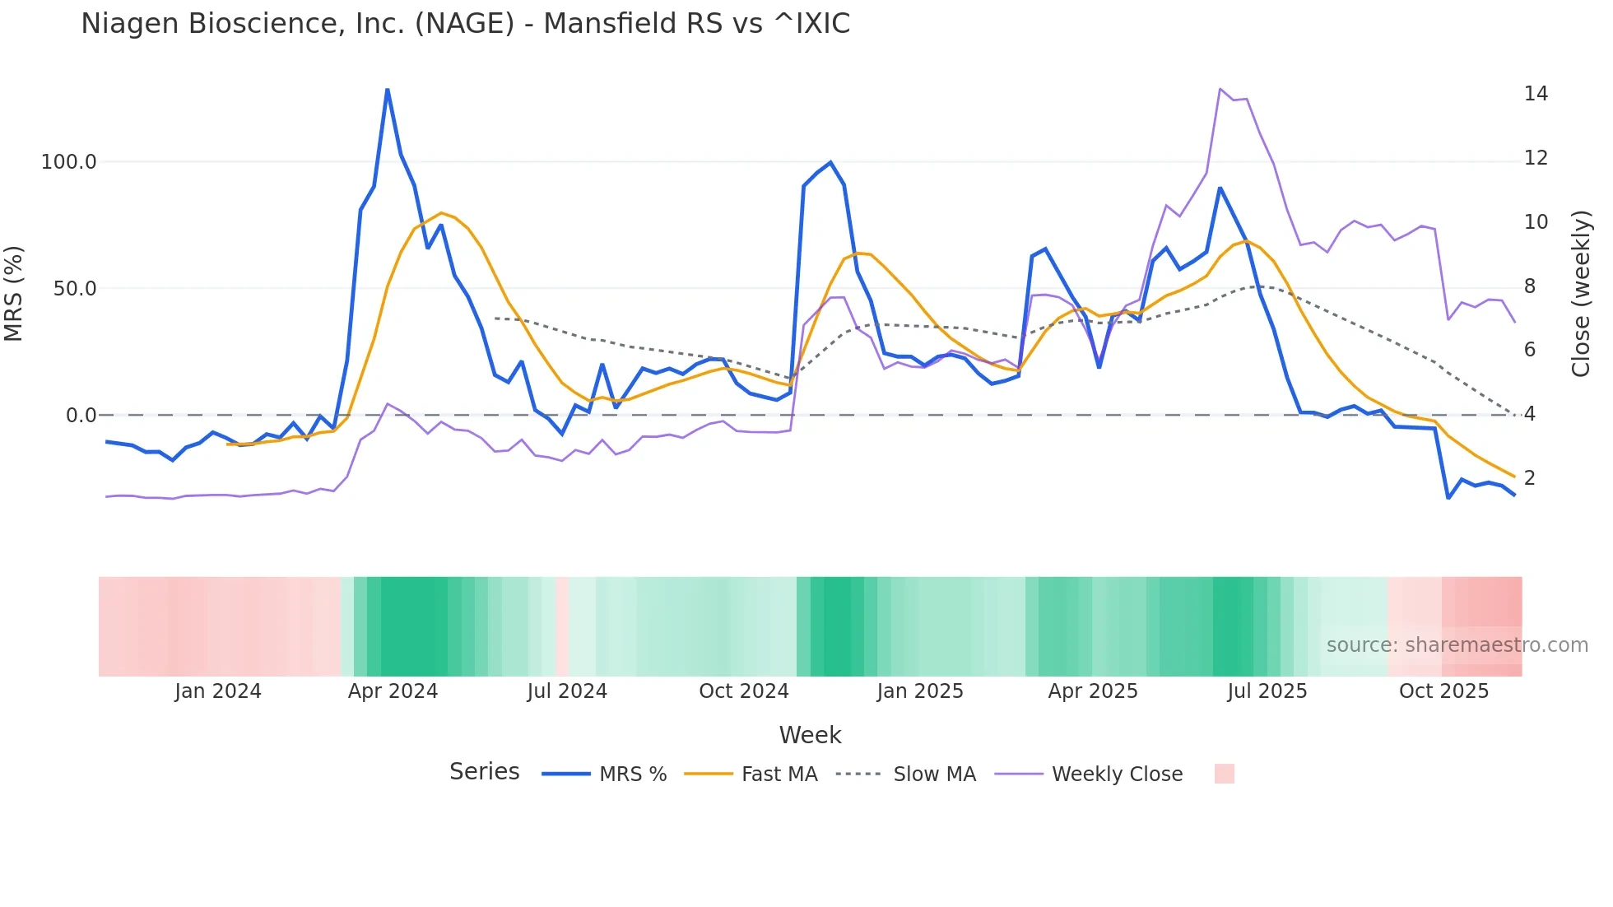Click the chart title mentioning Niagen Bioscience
click(465, 24)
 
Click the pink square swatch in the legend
click(1224, 774)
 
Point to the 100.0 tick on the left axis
click(69, 162)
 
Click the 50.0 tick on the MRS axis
click(75, 289)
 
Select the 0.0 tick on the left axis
click(81, 416)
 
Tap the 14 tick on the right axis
click(1536, 94)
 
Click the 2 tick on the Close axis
click(1530, 478)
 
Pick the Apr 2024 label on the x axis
click(393, 691)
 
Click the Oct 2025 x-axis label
click(1443, 691)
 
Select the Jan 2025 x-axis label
click(919, 691)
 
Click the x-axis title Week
click(810, 735)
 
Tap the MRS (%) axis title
click(14, 294)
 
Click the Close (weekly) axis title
click(1581, 294)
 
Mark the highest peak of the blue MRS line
click(387, 90)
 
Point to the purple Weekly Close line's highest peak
click(1220, 89)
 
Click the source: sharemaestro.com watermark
click(1457, 645)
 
